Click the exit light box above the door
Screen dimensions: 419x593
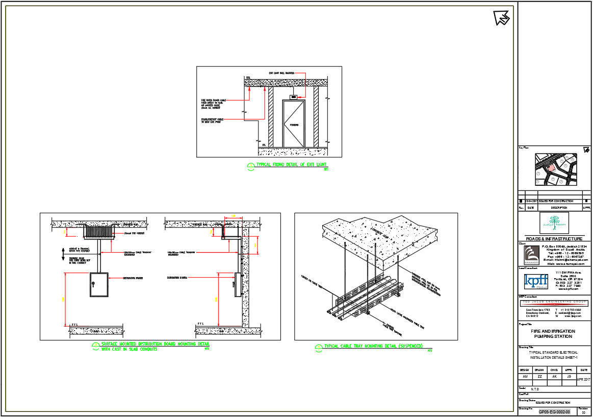(x=293, y=96)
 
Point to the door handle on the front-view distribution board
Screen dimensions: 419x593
(x=93, y=284)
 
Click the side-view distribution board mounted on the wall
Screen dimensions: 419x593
(x=237, y=285)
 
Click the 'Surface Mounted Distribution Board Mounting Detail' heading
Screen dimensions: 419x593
(x=155, y=344)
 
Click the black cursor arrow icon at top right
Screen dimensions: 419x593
(x=501, y=17)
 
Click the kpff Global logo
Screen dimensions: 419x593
(x=536, y=282)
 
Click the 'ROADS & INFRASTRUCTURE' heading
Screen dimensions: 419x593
(x=554, y=239)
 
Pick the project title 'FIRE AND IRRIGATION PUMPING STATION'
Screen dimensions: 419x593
(x=553, y=334)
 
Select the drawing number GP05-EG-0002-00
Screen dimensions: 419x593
(x=554, y=411)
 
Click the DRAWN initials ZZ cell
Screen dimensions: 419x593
(x=539, y=377)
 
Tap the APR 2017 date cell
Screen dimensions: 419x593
(x=584, y=379)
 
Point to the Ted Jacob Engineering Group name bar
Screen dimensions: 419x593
(x=554, y=303)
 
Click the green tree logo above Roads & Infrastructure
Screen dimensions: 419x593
(x=554, y=223)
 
